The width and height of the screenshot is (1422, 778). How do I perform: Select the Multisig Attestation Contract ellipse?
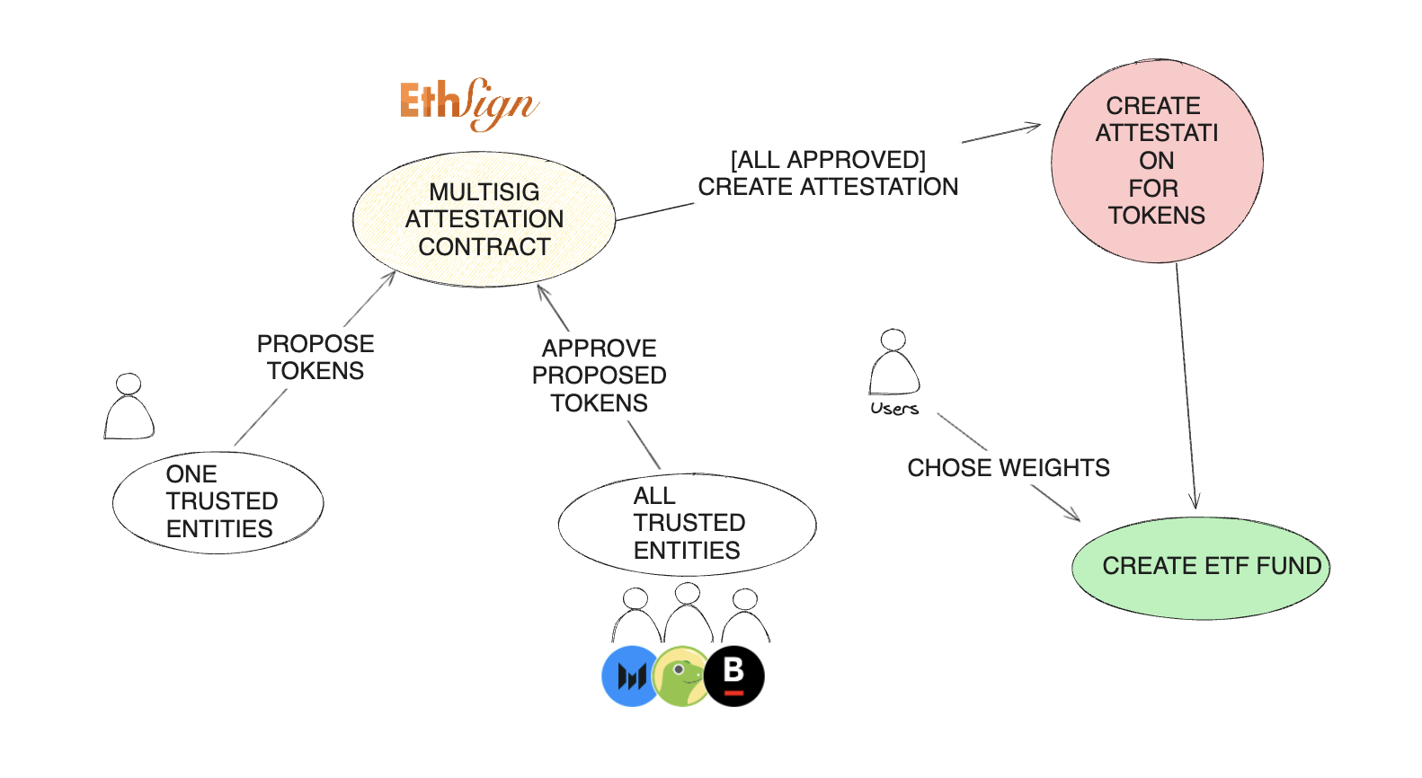pyautogui.click(x=484, y=219)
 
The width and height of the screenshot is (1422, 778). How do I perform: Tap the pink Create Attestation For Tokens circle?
pyautogui.click(x=1157, y=161)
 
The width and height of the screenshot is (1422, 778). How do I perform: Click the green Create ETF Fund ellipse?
pyautogui.click(x=1201, y=568)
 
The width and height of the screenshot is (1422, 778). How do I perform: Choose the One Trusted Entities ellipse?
pyautogui.click(x=218, y=502)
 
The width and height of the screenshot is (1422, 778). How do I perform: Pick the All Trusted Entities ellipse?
pyautogui.click(x=687, y=524)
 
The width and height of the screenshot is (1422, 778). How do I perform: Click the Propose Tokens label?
pyautogui.click(x=315, y=358)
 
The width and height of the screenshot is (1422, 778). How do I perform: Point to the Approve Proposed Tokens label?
pyautogui.click(x=599, y=376)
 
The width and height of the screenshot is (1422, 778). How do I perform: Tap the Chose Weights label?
pyautogui.click(x=1009, y=468)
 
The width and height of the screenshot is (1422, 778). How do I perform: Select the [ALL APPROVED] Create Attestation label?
pyautogui.click(x=828, y=173)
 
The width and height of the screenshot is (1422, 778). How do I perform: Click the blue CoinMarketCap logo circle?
pyautogui.click(x=630, y=676)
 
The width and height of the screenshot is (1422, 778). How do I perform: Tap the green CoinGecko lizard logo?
pyautogui.click(x=681, y=676)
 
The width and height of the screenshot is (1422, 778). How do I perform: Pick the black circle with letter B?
pyautogui.click(x=733, y=676)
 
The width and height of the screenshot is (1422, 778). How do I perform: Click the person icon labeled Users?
pyautogui.click(x=893, y=362)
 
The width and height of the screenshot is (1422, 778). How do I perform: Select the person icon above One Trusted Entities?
pyautogui.click(x=129, y=406)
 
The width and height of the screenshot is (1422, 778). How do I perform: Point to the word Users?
pyautogui.click(x=893, y=409)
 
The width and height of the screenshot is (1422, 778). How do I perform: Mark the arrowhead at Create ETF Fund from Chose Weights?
pyautogui.click(x=1073, y=515)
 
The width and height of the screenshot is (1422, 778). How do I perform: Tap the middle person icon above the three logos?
pyautogui.click(x=689, y=613)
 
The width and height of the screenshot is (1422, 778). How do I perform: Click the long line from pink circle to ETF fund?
pyautogui.click(x=1186, y=385)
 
